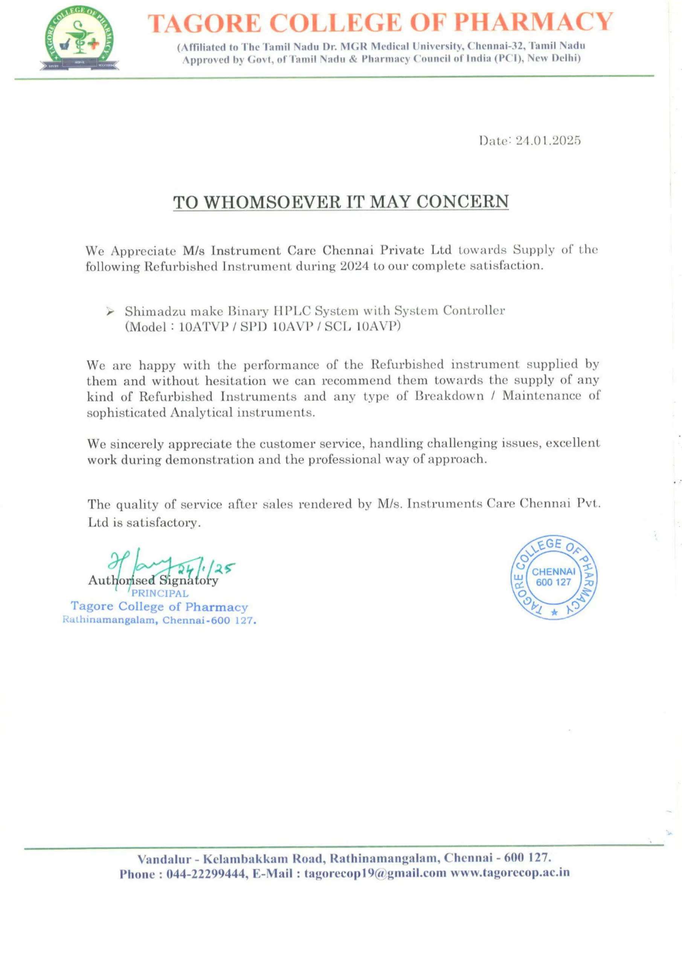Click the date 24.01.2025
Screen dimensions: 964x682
(x=548, y=141)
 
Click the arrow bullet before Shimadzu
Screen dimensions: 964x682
(x=110, y=311)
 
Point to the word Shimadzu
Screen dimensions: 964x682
(x=154, y=311)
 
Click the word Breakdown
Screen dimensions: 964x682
(x=449, y=396)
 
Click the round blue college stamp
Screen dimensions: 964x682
(x=554, y=578)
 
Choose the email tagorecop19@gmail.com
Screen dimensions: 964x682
(x=375, y=874)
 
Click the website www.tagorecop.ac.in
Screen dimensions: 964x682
(x=510, y=873)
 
